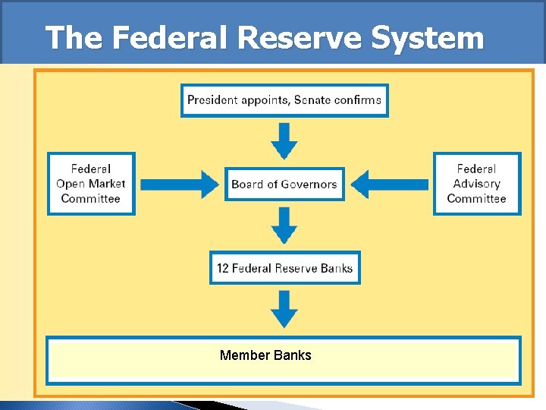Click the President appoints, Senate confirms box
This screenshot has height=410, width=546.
pyautogui.click(x=284, y=100)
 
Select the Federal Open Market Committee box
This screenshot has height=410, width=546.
pyautogui.click(x=91, y=184)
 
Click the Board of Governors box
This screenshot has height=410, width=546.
pyautogui.click(x=284, y=184)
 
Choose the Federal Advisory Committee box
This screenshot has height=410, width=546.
pyautogui.click(x=476, y=184)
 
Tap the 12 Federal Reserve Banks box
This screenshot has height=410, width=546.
pyautogui.click(x=284, y=268)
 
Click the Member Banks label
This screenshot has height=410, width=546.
pyautogui.click(x=265, y=355)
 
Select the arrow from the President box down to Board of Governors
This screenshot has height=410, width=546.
pyautogui.click(x=284, y=140)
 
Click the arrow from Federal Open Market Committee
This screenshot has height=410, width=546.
pyautogui.click(x=180, y=184)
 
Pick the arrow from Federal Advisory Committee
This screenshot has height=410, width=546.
pyautogui.click(x=390, y=184)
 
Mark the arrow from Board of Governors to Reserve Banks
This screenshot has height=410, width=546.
pyautogui.click(x=284, y=225)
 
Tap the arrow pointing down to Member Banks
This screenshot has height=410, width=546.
pyautogui.click(x=284, y=309)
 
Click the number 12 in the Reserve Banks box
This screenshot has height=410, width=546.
pyautogui.click(x=223, y=268)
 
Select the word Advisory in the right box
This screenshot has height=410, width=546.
pyautogui.click(x=476, y=184)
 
